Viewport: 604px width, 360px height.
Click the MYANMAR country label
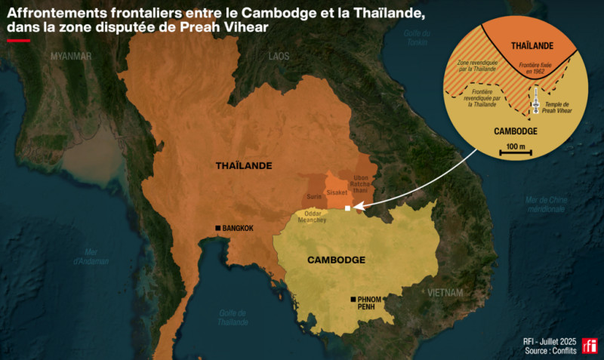(71, 57)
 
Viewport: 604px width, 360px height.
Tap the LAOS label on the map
(279, 57)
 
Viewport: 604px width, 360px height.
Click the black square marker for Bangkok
(218, 228)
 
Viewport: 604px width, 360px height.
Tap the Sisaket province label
(336, 193)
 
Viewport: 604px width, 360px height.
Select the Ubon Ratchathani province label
(361, 186)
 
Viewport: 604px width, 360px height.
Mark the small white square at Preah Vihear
(347, 208)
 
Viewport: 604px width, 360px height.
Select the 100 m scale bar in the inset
(516, 153)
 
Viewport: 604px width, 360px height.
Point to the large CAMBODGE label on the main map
(336, 260)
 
